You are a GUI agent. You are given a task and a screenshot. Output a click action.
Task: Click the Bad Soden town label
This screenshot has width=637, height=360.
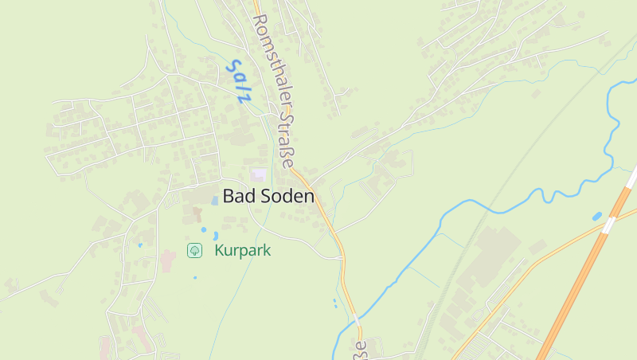pyautogui.click(x=268, y=195)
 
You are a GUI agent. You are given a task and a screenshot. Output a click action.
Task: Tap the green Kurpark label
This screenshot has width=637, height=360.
pyautogui.click(x=243, y=250)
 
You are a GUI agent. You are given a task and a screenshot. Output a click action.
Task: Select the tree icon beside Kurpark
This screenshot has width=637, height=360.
pyautogui.click(x=194, y=250)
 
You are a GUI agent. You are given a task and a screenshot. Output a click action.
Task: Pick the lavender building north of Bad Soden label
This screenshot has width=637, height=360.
pyautogui.click(x=259, y=174)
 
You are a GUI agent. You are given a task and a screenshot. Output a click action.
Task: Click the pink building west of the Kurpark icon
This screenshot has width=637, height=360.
pyautogui.click(x=167, y=260)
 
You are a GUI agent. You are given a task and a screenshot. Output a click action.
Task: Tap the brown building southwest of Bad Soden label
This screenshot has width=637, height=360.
pyautogui.click(x=196, y=214)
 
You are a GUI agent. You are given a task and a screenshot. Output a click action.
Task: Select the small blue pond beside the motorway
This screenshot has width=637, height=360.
pyautogui.click(x=597, y=216)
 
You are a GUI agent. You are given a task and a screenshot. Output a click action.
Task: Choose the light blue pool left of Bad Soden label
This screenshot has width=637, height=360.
pyautogui.click(x=214, y=201)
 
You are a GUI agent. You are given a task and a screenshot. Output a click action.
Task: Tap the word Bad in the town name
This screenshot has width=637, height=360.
pyautogui.click(x=236, y=195)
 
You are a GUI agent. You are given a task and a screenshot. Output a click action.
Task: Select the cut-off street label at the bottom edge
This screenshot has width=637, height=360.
pyautogui.click(x=361, y=350)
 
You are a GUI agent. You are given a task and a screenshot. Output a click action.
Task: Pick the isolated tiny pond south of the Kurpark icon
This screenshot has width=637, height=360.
pyautogui.click(x=195, y=278)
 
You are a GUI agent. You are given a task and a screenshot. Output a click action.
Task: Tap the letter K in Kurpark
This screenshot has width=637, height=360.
pyautogui.click(x=218, y=250)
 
